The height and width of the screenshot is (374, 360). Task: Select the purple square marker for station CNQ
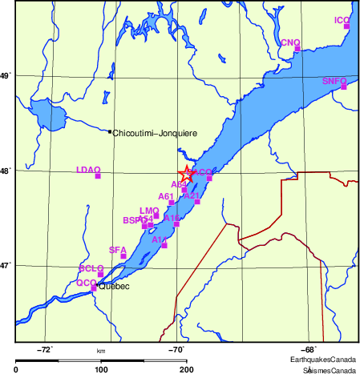tap(297, 48)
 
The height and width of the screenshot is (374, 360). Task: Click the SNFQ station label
tap(334, 81)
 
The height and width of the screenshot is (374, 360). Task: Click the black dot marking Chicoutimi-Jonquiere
tap(110, 131)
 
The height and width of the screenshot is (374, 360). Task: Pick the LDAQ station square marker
tap(98, 176)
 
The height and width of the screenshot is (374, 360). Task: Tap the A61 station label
tap(166, 196)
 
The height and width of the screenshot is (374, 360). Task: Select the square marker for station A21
tap(197, 202)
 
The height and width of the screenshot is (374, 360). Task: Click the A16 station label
tap(172, 218)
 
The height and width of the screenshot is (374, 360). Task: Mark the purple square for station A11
tap(164, 245)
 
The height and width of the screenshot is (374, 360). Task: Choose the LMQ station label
tap(150, 211)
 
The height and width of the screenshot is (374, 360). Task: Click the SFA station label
tap(118, 250)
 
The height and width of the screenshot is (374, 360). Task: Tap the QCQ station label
tap(86, 283)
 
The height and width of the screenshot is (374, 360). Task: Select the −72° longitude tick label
tap(46, 349)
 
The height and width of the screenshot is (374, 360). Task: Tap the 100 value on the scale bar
tap(101, 369)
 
